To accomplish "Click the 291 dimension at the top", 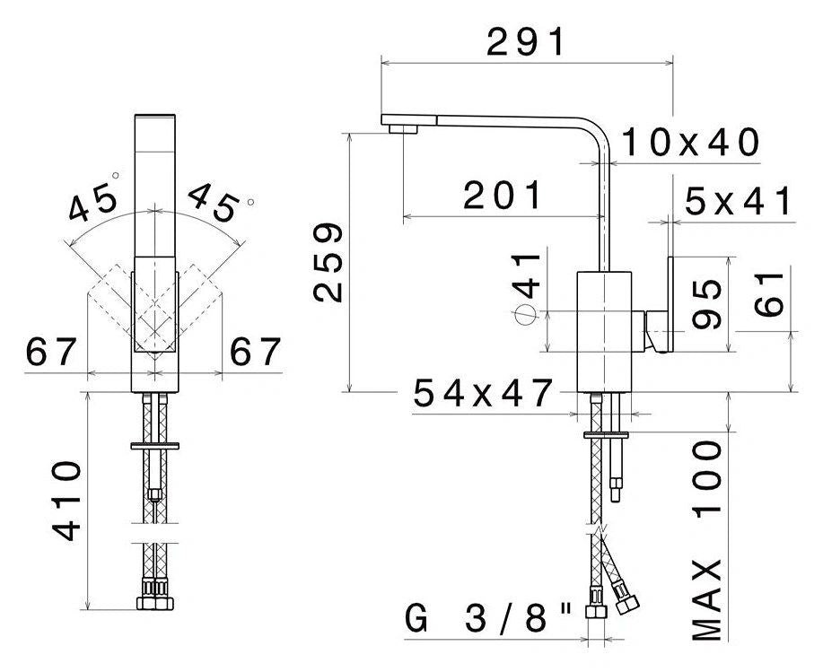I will pyautogui.click(x=526, y=42).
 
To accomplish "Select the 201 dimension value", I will pyautogui.click(x=503, y=196).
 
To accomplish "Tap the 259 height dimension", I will pyautogui.click(x=328, y=263).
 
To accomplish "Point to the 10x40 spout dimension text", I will pyautogui.click(x=689, y=142).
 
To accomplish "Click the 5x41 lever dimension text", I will pyautogui.click(x=738, y=201).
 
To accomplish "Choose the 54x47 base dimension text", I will pyautogui.click(x=482, y=393).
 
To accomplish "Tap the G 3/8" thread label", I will pyautogui.click(x=489, y=618).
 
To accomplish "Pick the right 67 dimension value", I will pyautogui.click(x=256, y=352).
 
